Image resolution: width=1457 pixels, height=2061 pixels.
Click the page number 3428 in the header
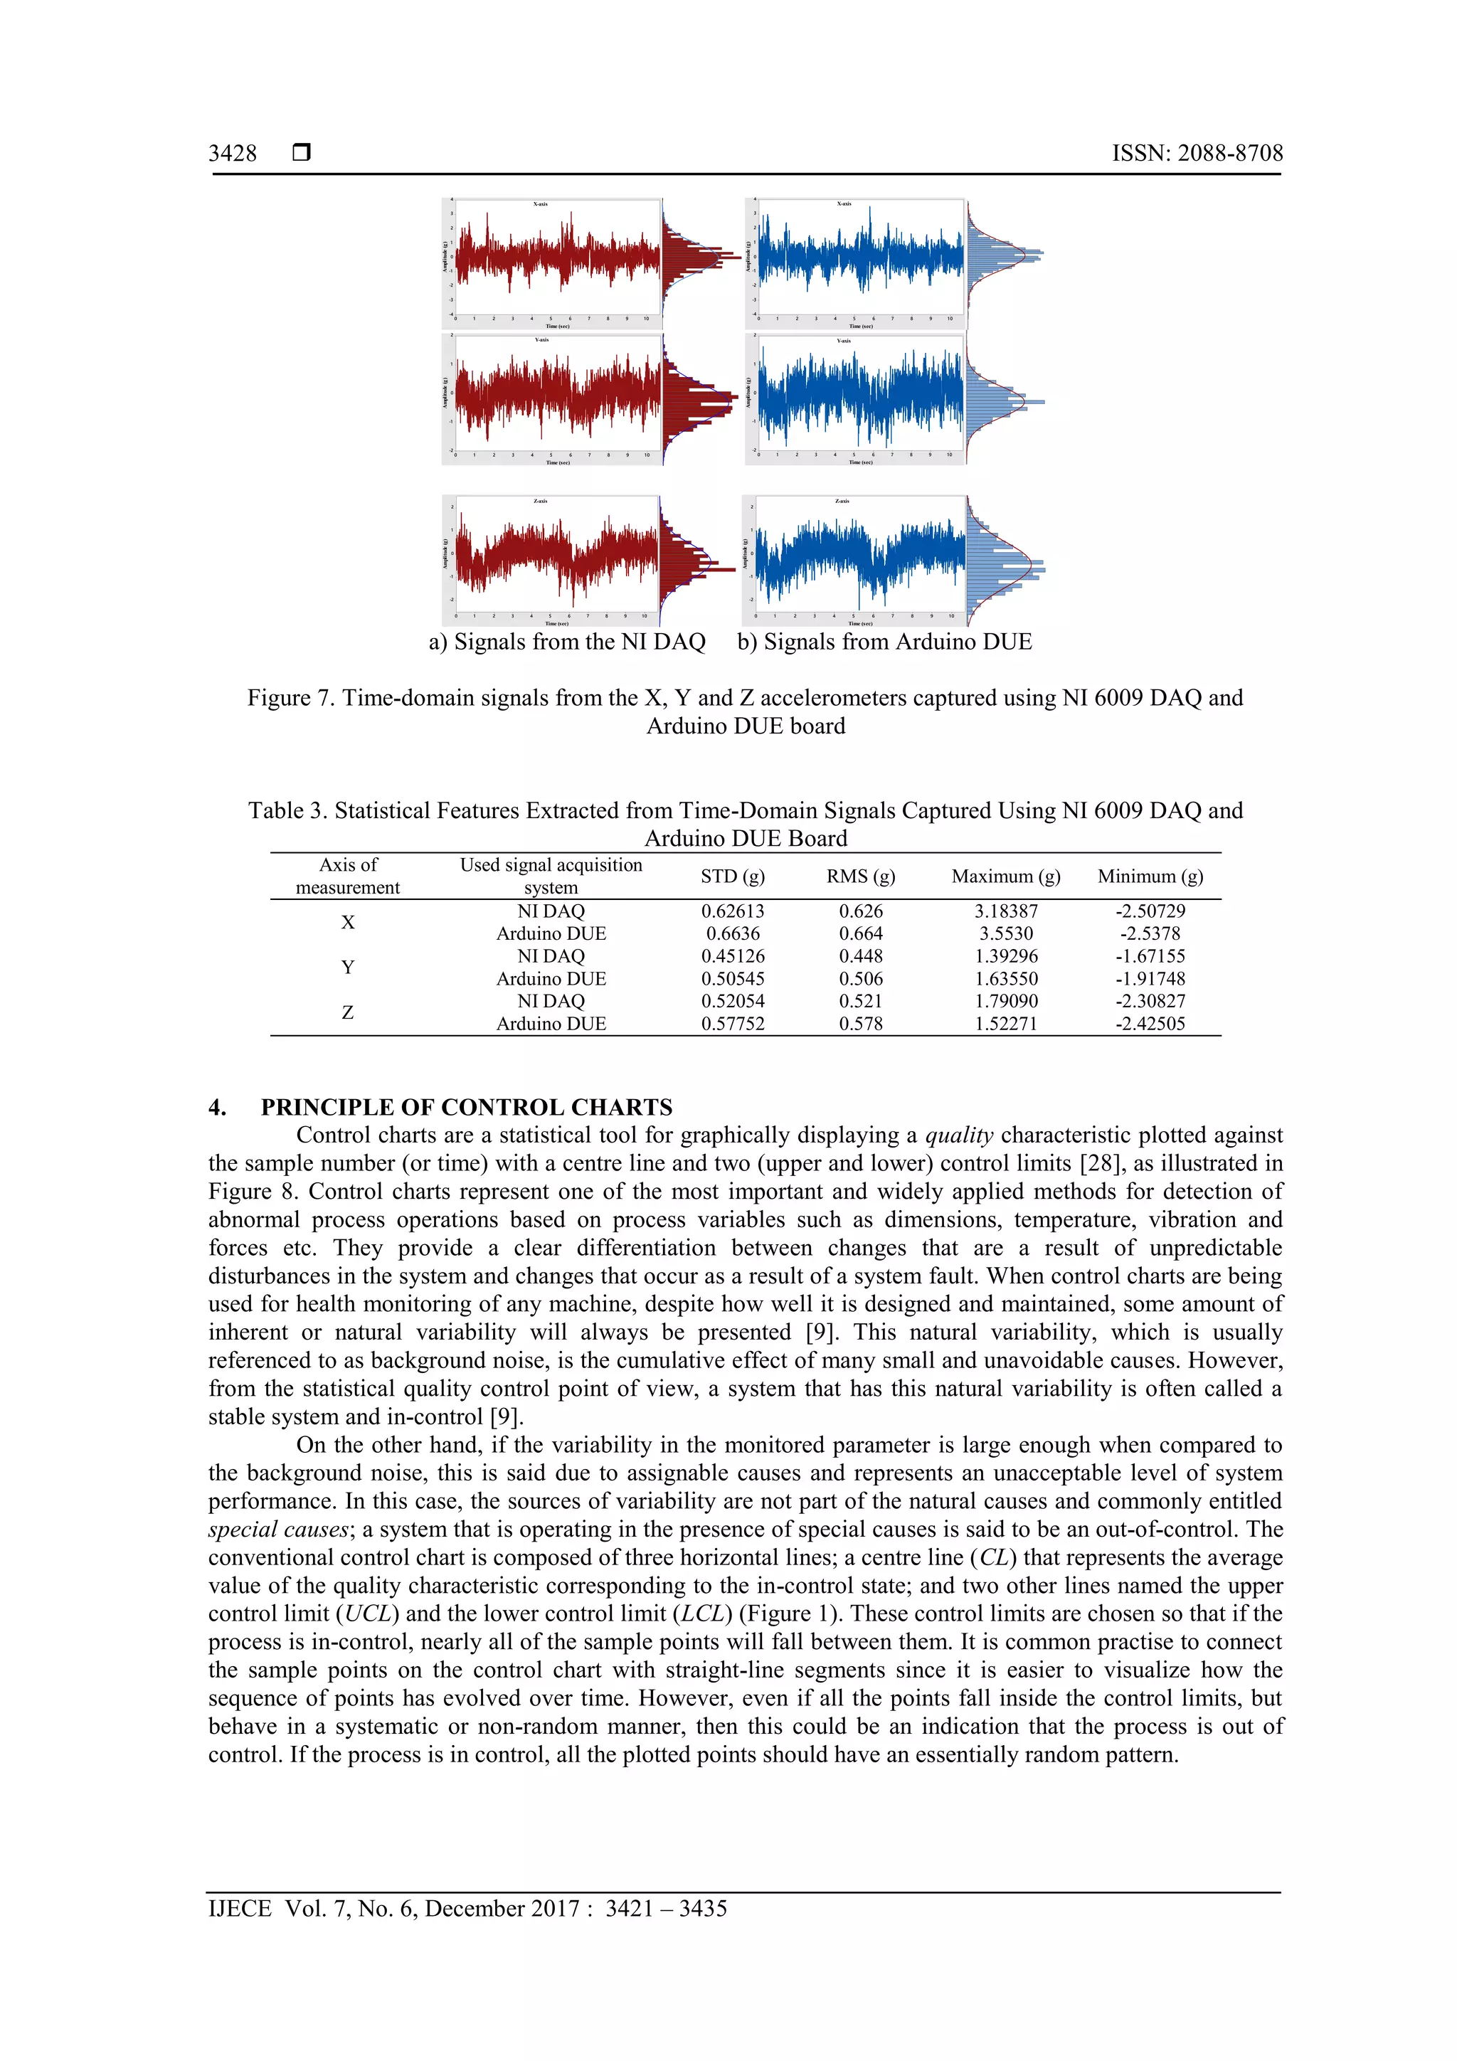click(x=233, y=154)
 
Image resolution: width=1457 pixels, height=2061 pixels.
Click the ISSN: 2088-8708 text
click(x=1197, y=154)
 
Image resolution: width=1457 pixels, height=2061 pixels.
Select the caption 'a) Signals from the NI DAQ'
click(x=567, y=642)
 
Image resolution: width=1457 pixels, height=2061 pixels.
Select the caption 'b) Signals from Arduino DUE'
click(x=884, y=642)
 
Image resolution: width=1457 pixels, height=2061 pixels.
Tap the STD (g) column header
click(x=733, y=876)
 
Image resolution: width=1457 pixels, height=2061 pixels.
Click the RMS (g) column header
click(x=860, y=876)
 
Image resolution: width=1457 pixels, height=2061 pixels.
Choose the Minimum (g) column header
click(x=1150, y=876)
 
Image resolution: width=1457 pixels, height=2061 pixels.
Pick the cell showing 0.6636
click(x=733, y=933)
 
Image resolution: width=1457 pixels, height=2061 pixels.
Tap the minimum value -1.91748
click(x=1150, y=978)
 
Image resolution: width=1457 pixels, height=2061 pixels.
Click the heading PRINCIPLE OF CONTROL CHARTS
click(x=466, y=1107)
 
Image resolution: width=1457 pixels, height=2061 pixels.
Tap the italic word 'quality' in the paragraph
click(x=959, y=1135)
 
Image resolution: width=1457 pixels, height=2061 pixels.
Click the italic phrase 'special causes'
click(x=277, y=1530)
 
